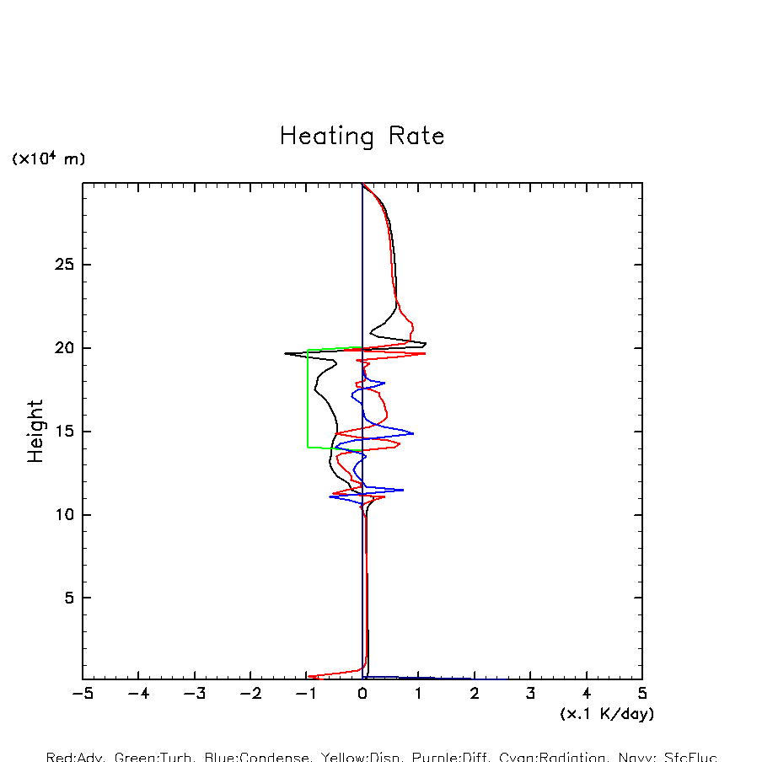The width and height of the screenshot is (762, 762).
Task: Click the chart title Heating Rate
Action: pyautogui.click(x=362, y=137)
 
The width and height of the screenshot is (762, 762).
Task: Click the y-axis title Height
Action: pyautogui.click(x=35, y=431)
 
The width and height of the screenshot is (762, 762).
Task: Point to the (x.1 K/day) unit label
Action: pyautogui.click(x=607, y=714)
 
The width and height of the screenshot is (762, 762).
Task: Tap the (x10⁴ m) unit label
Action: pyautogui.click(x=48, y=158)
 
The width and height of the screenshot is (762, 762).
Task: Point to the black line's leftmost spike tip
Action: pyautogui.click(x=286, y=353)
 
